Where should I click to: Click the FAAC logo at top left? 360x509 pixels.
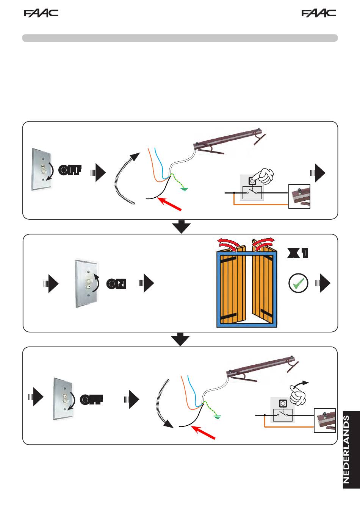tap(41, 13)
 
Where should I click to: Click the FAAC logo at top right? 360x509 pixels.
tap(319, 13)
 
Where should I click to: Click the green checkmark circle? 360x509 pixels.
tap(298, 283)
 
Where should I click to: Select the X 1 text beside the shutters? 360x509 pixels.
tap(297, 254)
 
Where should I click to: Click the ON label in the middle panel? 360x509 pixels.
tap(116, 284)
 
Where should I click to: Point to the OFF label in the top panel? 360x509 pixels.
tap(70, 170)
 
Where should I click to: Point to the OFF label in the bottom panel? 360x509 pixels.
tap(92, 400)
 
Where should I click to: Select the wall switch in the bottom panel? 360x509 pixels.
tap(65, 399)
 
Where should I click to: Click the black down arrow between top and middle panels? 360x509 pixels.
tap(182, 226)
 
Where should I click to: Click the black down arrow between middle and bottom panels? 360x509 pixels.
tap(182, 339)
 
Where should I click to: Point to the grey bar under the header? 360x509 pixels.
tap(180, 38)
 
